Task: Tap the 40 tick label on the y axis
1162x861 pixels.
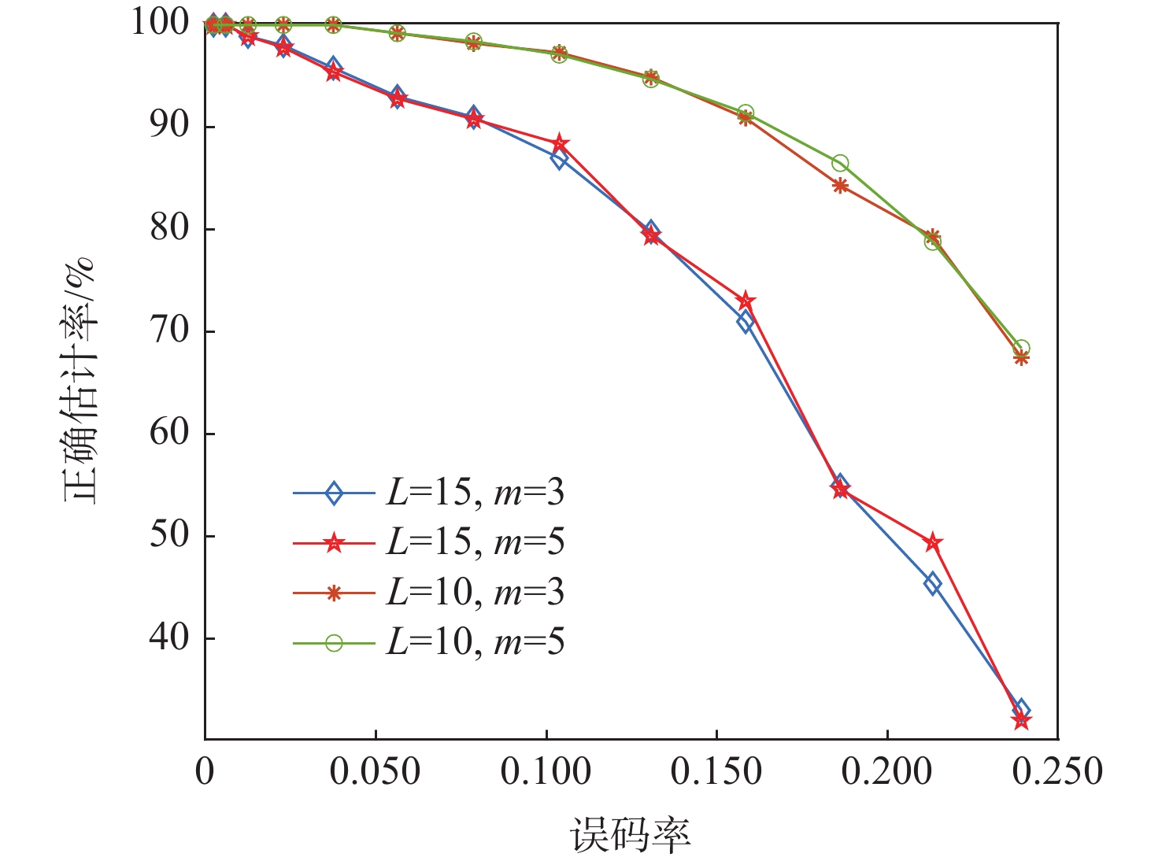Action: pos(169,637)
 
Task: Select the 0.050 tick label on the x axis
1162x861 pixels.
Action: pos(375,772)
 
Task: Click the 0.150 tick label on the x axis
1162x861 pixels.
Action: pos(716,772)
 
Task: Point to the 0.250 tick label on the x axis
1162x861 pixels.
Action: pos(1057,772)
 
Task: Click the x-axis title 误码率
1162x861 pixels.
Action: pos(631,834)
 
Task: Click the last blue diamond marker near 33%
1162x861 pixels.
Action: pos(1021,709)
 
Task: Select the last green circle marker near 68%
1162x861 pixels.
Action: pos(1021,349)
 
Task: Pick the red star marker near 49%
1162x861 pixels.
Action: pos(933,542)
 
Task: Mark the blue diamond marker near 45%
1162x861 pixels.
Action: pos(933,584)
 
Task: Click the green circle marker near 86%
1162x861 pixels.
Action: pos(840,164)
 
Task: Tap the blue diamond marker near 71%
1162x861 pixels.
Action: pos(746,322)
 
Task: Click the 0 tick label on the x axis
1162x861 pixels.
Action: pos(205,772)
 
